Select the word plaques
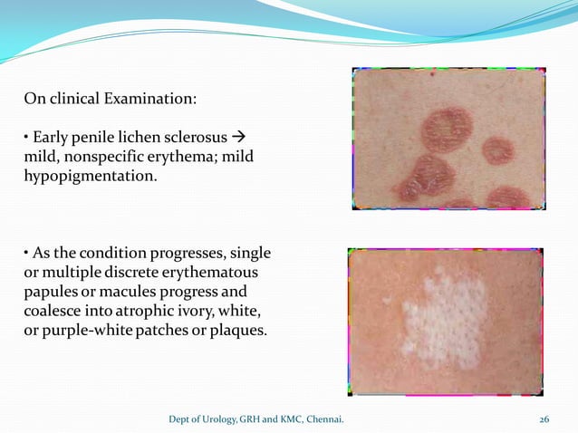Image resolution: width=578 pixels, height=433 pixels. point(236,330)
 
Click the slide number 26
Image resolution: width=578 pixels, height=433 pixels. point(544,419)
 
